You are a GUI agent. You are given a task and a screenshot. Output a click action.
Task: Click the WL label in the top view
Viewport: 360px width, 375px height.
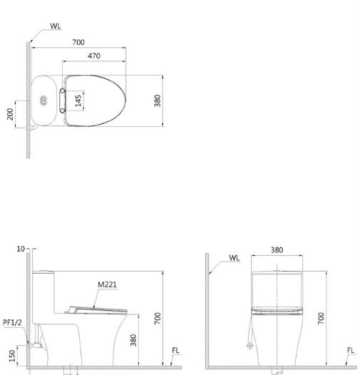(x=56, y=26)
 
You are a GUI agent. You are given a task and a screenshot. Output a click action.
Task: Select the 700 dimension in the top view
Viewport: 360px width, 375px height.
(x=79, y=43)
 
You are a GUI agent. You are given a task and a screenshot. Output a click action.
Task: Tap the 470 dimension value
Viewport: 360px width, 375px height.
(x=93, y=56)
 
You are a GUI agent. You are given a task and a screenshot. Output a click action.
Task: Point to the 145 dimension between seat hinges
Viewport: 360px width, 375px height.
(x=78, y=99)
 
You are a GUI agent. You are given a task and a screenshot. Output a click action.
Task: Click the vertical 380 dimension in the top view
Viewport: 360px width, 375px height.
(x=158, y=101)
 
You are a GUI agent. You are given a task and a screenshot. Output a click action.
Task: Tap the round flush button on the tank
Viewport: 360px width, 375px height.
(x=44, y=101)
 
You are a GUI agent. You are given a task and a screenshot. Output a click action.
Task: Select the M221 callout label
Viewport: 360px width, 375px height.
(x=107, y=284)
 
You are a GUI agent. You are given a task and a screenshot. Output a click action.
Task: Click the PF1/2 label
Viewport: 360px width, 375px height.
(x=12, y=322)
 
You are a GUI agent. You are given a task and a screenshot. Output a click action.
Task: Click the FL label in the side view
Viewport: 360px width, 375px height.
(x=176, y=350)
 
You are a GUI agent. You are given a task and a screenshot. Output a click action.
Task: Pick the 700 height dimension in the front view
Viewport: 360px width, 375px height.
(x=322, y=316)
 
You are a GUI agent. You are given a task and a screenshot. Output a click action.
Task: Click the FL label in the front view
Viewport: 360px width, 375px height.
(x=349, y=350)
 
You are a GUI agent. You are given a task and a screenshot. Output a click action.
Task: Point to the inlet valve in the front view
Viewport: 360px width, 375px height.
(x=249, y=345)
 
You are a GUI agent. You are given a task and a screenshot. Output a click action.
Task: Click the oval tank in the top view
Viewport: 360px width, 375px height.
(x=44, y=101)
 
